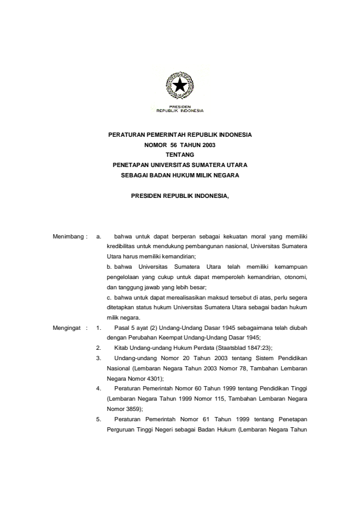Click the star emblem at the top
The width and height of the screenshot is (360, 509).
click(x=180, y=87)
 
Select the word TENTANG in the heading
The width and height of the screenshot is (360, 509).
click(x=180, y=155)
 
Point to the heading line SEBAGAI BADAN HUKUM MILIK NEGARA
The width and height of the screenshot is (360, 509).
click(x=180, y=175)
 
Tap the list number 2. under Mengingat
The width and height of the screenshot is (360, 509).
click(x=99, y=347)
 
